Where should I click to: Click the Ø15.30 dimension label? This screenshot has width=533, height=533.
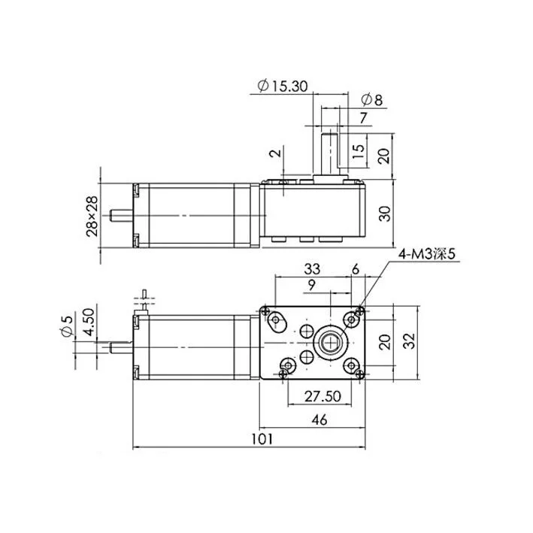[281, 86]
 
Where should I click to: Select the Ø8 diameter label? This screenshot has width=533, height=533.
[371, 99]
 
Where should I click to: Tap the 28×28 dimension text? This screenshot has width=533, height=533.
[92, 216]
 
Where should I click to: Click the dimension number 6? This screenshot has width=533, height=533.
[355, 268]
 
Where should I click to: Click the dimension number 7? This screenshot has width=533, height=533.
[363, 117]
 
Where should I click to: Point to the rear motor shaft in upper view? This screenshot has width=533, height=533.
[121, 215]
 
